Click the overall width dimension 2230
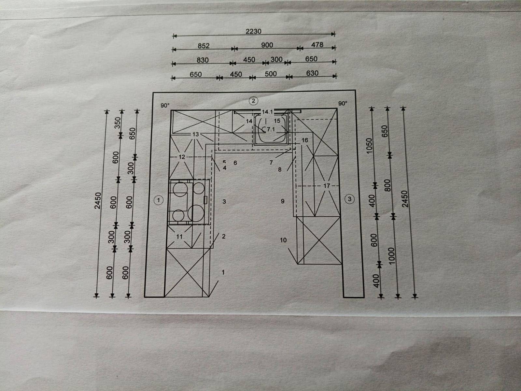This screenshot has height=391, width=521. point(253,31)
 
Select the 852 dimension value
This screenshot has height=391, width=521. point(204,46)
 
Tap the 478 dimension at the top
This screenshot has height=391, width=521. point(317,45)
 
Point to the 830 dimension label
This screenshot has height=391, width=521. point(203,60)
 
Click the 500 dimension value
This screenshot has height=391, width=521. point(271,74)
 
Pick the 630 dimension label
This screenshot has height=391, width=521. point(312,73)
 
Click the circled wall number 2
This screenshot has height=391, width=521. point(253,101)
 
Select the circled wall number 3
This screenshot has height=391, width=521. point(350,199)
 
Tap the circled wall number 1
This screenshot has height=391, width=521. point(159,200)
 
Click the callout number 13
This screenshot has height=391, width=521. point(195,134)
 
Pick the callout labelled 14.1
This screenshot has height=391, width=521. point(267,112)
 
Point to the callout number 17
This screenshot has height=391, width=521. point(327,186)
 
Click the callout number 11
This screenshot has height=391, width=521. point(179,237)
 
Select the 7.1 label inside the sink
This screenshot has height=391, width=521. point(271,129)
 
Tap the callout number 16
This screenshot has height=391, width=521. point(305,140)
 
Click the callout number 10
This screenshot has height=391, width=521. point(283,240)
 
